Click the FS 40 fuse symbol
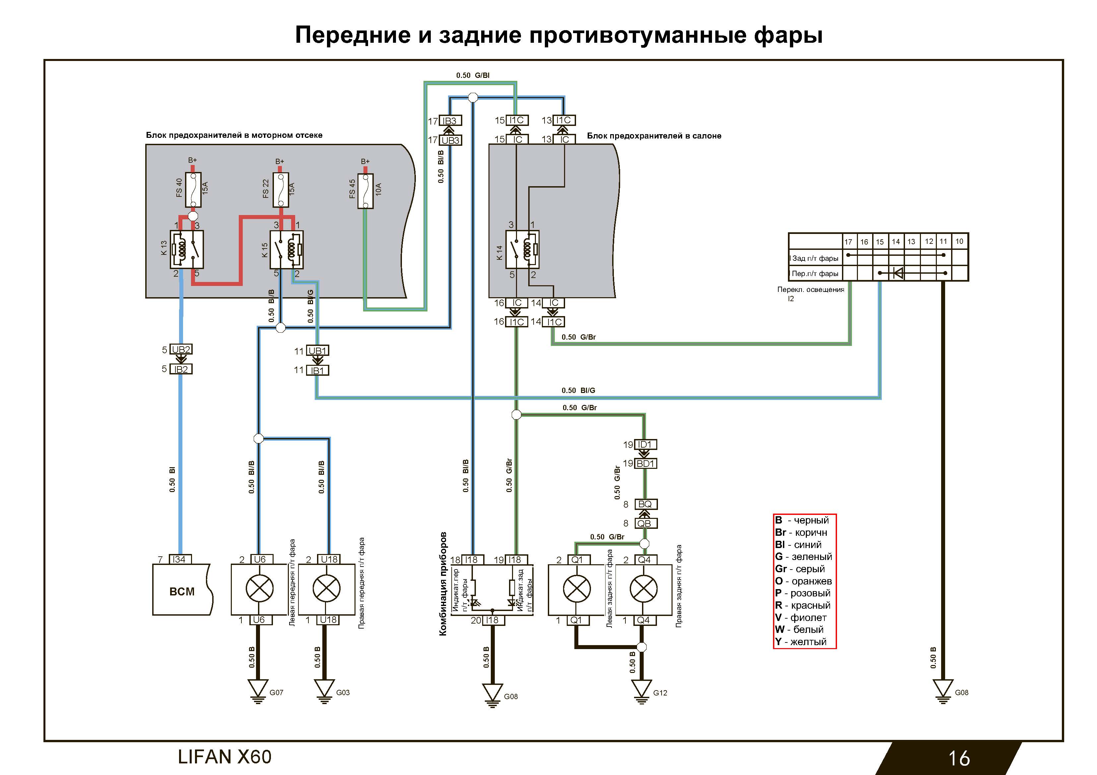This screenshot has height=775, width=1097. click(x=193, y=190)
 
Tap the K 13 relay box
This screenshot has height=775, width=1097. click(x=187, y=249)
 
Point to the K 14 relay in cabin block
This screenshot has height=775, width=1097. click(x=522, y=249)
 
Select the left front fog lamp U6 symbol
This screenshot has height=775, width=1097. click(x=259, y=589)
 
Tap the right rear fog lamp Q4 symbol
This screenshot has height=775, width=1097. click(x=644, y=589)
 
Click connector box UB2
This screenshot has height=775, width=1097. click(x=181, y=350)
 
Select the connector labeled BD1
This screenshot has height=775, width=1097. click(x=645, y=463)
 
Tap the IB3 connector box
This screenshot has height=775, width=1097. click(x=450, y=121)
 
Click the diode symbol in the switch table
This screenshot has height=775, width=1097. click(x=897, y=273)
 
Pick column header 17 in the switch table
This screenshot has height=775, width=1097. click(x=848, y=242)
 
